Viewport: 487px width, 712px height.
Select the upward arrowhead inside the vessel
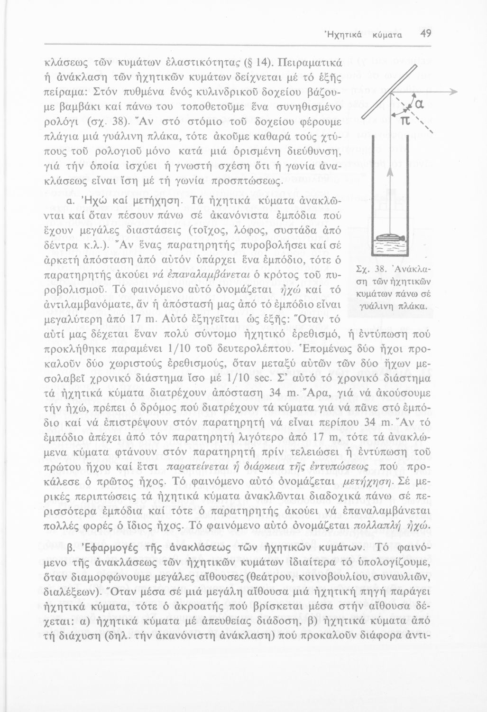388,174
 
